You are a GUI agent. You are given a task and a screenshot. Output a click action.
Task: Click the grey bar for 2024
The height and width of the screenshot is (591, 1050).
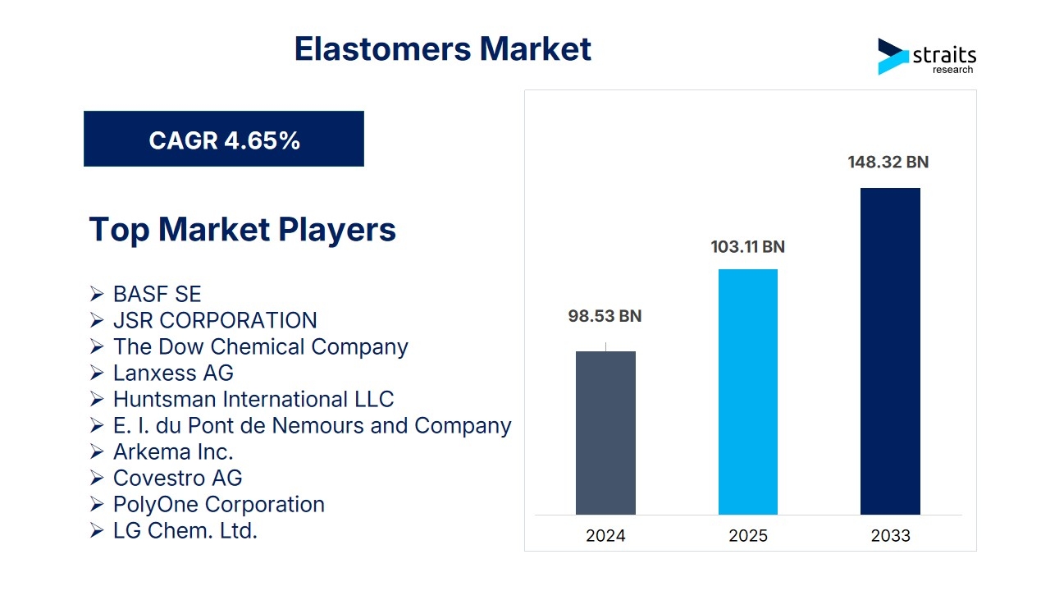click(x=605, y=433)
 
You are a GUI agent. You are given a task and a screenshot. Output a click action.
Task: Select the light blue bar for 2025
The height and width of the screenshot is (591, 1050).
click(x=748, y=392)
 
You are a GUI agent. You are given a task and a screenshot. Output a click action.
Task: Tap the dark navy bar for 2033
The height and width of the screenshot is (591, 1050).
click(x=890, y=351)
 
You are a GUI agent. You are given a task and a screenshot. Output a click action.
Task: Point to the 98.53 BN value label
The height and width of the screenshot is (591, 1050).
click(x=605, y=316)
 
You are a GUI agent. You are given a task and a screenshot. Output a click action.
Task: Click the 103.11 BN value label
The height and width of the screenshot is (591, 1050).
click(x=747, y=247)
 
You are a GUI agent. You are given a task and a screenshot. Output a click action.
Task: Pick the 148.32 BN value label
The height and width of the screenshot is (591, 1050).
click(x=888, y=163)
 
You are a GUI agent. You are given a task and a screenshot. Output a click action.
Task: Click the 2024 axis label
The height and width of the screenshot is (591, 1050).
click(x=605, y=536)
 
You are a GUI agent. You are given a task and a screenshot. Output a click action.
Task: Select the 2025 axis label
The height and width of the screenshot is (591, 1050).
click(x=748, y=536)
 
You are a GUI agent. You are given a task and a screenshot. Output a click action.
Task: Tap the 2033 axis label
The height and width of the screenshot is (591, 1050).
click(x=891, y=536)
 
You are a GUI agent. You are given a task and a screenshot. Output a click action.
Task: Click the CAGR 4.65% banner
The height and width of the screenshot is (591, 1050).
click(x=224, y=139)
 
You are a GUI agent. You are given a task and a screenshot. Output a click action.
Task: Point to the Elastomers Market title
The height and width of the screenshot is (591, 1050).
click(x=442, y=48)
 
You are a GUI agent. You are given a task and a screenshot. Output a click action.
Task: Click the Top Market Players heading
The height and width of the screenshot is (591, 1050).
click(x=242, y=229)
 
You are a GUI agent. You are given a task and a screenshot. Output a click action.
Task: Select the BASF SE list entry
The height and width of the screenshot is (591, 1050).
click(x=157, y=294)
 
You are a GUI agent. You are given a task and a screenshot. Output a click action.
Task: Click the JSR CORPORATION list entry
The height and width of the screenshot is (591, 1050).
click(x=215, y=320)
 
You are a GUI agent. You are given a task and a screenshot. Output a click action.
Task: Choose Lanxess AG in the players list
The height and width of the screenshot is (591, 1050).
click(x=173, y=373)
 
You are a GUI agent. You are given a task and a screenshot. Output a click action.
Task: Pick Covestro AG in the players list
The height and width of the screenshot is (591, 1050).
click(x=178, y=478)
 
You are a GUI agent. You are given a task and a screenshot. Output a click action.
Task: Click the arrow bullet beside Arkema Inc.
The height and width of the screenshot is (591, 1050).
click(x=97, y=451)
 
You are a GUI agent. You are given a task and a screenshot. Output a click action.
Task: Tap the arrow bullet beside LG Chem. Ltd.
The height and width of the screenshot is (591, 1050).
click(x=97, y=530)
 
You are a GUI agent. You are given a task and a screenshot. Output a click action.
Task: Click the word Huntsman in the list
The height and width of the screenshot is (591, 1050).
click(x=165, y=399)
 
